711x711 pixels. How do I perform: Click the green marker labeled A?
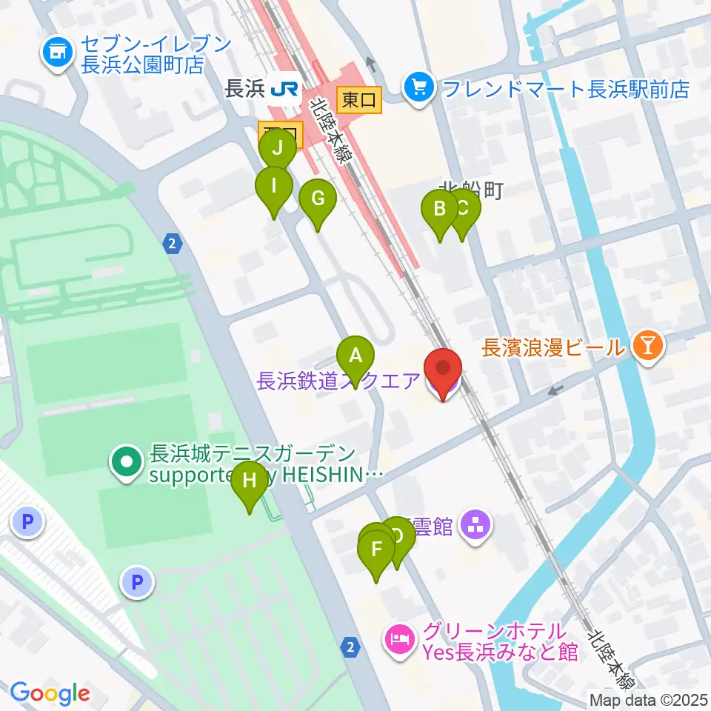355,355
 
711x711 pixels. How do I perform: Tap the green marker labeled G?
318,198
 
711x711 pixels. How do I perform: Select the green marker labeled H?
250,481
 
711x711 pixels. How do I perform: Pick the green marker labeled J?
278,147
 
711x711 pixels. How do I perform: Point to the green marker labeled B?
439,210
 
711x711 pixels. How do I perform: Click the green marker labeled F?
376,550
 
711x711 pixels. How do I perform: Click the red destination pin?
443,368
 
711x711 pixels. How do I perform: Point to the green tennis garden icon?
127,463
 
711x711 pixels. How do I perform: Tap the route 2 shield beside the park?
173,243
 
